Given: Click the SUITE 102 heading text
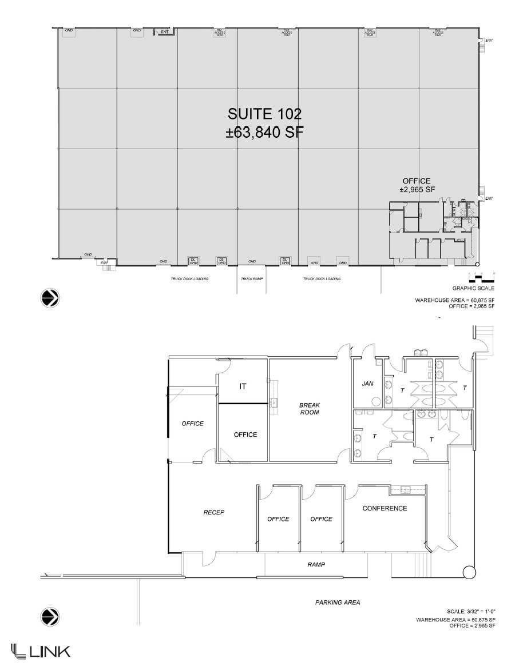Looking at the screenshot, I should (264, 114).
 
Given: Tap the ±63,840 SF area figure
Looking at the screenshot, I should (264, 133).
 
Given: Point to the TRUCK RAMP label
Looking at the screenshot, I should (251, 279).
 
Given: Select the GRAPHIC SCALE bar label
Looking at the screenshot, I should (469, 289).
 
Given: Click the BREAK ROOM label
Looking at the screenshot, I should (309, 409).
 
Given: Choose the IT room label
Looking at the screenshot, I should (243, 386).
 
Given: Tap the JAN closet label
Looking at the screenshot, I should (368, 384).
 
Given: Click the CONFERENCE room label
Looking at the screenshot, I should (385, 508).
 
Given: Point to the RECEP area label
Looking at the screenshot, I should (213, 512).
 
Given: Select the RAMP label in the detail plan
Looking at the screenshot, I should (316, 564).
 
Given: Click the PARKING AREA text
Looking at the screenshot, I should (338, 603).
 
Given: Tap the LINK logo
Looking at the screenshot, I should (41, 651).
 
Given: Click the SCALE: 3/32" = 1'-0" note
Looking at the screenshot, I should (470, 612).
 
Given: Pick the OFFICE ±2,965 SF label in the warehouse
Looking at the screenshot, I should (417, 185).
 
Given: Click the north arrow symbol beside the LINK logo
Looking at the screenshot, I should (50, 617).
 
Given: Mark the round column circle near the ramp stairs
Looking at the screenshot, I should (469, 572).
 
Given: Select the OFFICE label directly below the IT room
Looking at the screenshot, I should (245, 434).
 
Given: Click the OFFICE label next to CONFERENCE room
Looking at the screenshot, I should (321, 519).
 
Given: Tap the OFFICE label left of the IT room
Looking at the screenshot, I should (193, 424).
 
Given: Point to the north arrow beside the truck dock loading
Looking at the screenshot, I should (50, 298).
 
